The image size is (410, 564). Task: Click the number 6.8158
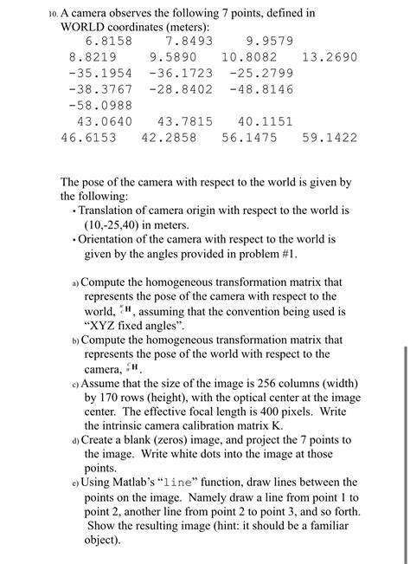[108, 41]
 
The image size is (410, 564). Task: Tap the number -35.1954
[99, 73]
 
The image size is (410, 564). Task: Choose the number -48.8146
[263, 89]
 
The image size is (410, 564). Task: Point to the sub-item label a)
[75, 282]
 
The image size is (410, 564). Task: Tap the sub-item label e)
[75, 482]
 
